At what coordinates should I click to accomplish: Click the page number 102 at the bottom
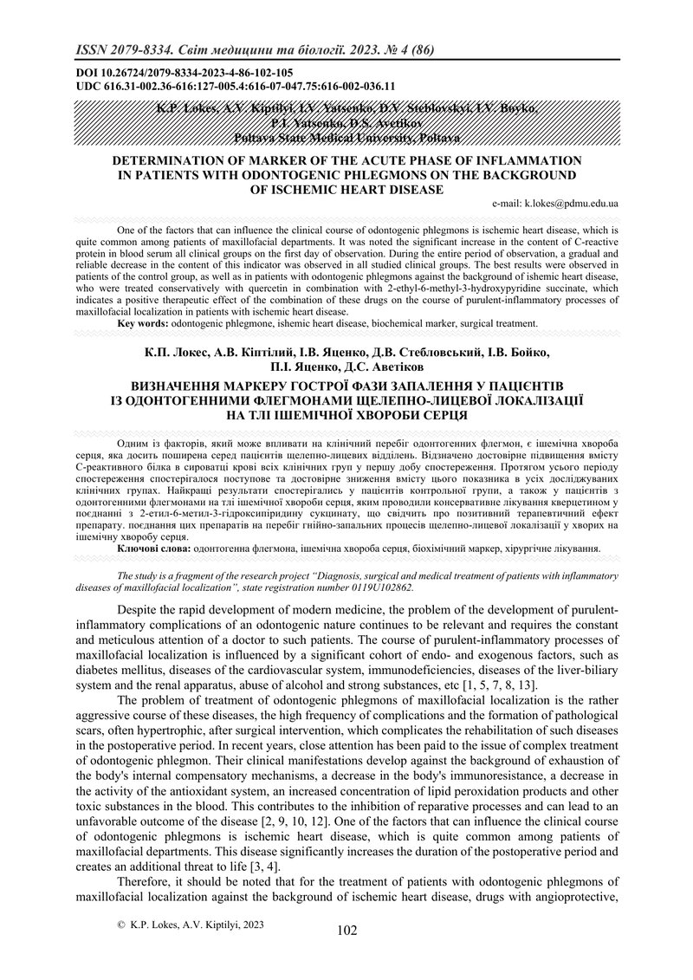(x=346, y=931)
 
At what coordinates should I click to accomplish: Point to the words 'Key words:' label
(x=143, y=323)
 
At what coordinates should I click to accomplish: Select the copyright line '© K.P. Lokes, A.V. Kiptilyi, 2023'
(x=190, y=925)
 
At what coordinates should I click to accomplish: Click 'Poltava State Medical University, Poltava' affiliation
(x=346, y=138)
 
